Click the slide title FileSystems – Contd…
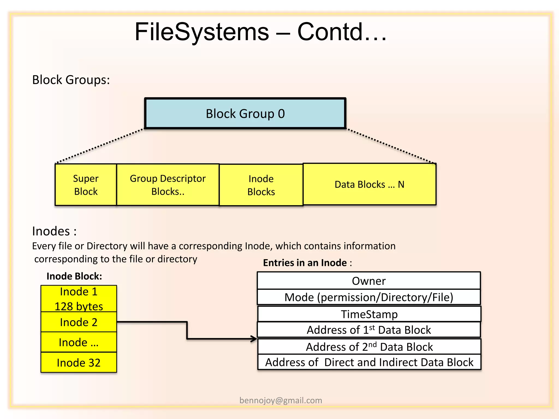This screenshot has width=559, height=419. click(261, 32)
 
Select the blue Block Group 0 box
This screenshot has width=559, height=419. click(245, 113)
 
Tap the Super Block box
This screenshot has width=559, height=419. click(86, 185)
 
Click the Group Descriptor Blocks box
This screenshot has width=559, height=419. click(168, 185)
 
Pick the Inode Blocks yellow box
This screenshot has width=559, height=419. click(261, 185)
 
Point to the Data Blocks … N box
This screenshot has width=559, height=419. click(369, 184)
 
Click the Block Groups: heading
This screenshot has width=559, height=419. click(71, 80)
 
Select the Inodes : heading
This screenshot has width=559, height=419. click(54, 231)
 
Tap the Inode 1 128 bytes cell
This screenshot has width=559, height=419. click(79, 299)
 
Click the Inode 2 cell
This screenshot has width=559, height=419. click(79, 322)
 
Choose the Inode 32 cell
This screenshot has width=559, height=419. click(79, 363)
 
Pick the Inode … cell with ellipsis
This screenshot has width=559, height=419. click(79, 342)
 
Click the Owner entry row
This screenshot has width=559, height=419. click(368, 281)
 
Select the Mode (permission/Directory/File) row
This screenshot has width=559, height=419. click(368, 297)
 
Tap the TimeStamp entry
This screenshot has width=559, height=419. click(369, 314)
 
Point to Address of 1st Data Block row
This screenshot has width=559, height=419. click(368, 330)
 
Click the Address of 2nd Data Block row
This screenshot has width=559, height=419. click(369, 347)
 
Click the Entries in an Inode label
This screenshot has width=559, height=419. click(307, 263)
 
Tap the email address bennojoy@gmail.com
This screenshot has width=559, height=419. click(281, 400)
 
